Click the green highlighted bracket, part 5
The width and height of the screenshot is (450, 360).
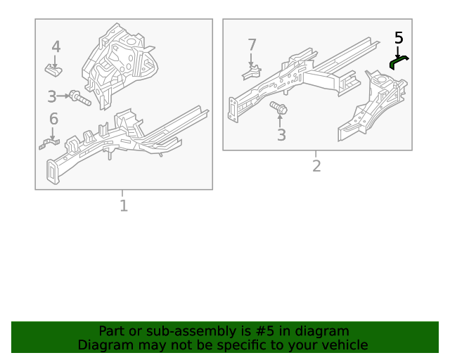pos(399,63)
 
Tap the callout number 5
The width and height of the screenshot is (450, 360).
pos(399,38)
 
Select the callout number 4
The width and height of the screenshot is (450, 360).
pos(56,47)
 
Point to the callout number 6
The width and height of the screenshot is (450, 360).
pos(53,119)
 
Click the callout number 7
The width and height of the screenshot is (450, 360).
pos(252,45)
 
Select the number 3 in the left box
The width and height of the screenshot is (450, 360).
pos(52,96)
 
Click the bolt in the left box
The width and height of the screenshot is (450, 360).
pos(79,98)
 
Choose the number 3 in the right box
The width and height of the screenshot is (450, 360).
pos(281,135)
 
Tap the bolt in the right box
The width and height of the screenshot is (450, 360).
pos(278,109)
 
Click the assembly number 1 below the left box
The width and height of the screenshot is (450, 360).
pos(124,206)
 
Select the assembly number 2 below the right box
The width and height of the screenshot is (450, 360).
pos(316,166)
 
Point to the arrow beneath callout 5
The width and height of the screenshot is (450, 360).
pos(399,52)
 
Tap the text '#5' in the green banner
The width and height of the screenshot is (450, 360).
pos(260,331)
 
